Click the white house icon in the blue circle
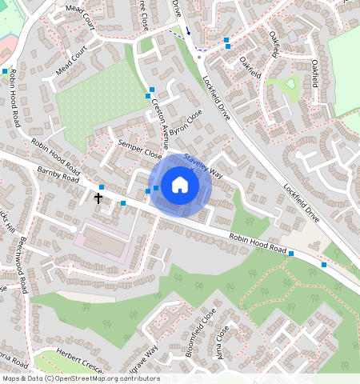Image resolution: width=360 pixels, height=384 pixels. pyautogui.click(x=180, y=186)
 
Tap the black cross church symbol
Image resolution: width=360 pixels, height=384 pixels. pyautogui.click(x=99, y=197)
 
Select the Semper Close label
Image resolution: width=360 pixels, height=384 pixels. pyautogui.click(x=139, y=148)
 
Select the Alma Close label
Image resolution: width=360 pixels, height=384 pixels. pyautogui.click(x=222, y=342)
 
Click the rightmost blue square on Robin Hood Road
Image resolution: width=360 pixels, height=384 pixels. pyautogui.click(x=323, y=264)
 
